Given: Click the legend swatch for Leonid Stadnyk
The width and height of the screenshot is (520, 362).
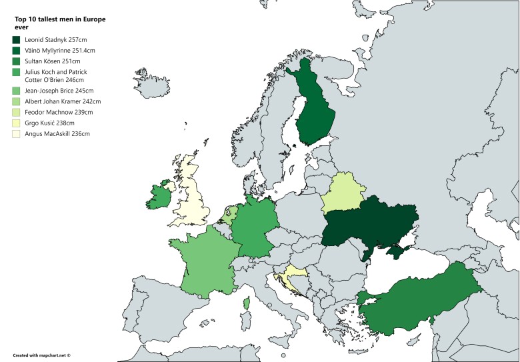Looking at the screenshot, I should coord(17,41).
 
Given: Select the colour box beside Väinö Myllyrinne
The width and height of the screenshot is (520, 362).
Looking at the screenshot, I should coord(17,51).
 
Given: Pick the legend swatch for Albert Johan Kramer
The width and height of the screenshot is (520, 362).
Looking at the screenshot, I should coord(17,102).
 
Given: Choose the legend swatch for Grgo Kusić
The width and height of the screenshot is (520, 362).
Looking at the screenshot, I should coord(17,123).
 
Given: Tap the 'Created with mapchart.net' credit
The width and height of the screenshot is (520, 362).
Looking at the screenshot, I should coord(41,355).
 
